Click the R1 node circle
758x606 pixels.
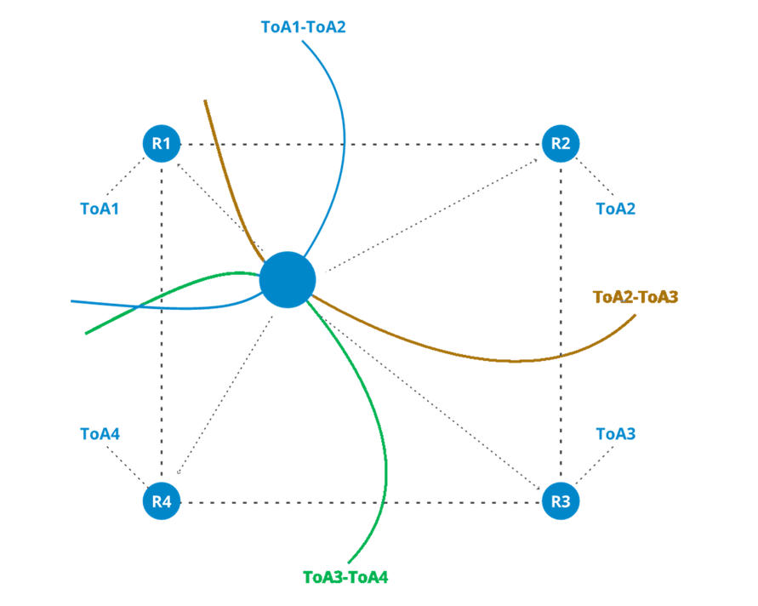click(x=162, y=144)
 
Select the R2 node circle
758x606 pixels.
click(x=561, y=143)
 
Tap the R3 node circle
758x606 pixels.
click(x=561, y=500)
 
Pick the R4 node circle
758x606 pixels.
click(x=162, y=501)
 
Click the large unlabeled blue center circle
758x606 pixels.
click(x=288, y=279)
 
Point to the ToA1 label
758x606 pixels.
click(x=100, y=209)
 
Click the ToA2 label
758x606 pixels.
click(x=615, y=209)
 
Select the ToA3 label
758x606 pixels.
click(x=616, y=434)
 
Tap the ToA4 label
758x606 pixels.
click(x=100, y=434)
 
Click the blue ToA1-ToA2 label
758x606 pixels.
click(x=303, y=27)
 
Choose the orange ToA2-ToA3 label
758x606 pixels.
click(x=635, y=297)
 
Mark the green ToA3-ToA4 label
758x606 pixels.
click(x=345, y=577)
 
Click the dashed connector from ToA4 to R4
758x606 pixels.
click(x=128, y=467)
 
